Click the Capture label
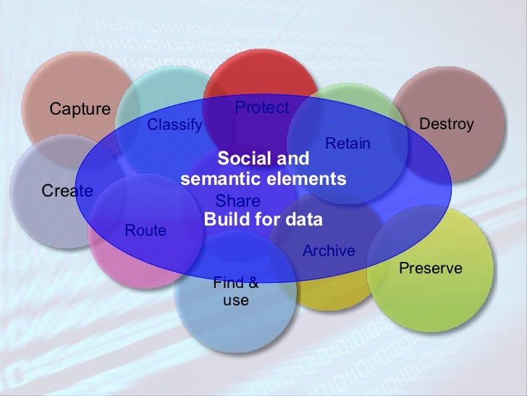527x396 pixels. [80, 110]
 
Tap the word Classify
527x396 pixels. [174, 125]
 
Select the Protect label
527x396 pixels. [262, 108]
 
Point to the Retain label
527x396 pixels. [347, 144]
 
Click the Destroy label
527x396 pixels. [447, 124]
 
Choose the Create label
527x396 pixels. [67, 191]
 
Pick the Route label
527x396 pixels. [146, 231]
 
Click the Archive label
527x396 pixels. [329, 251]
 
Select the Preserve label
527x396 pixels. [431, 268]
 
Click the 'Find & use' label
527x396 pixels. [235, 292]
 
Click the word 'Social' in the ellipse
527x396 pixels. [242, 159]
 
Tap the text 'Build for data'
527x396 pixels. [263, 219]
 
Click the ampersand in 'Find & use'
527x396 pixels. [253, 284]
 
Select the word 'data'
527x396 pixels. [304, 219]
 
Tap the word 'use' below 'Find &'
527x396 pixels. [236, 300]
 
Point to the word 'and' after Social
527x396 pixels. [291, 159]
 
